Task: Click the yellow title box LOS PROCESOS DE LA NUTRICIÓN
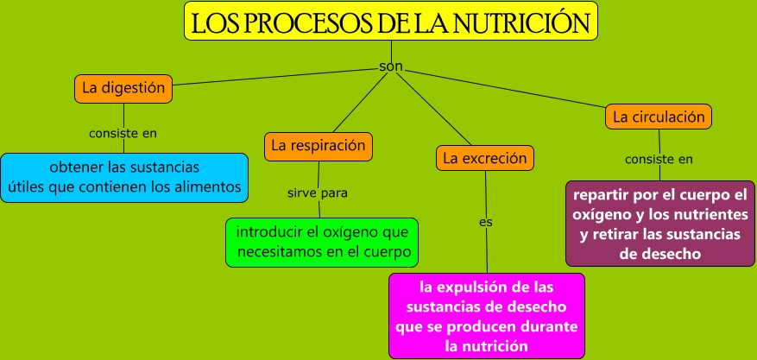391,22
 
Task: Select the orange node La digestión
123,87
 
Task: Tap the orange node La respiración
319,146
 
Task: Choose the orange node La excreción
484,159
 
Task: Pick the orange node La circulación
659,116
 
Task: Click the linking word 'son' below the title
391,66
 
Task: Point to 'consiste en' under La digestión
123,133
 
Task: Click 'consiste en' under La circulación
659,159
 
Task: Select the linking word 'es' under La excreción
485,222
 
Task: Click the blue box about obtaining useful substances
123,175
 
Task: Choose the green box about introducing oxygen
321,242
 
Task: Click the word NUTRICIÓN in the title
527,22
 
